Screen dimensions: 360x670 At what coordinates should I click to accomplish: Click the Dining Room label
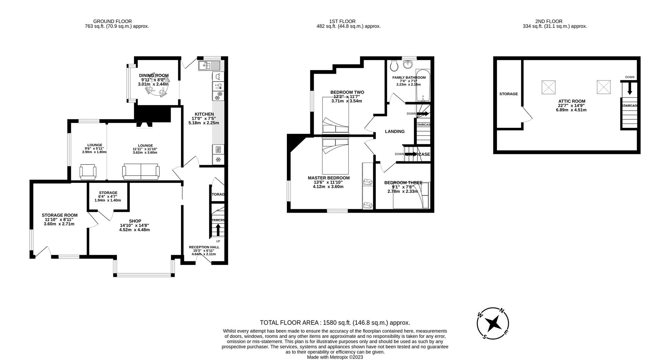(x=154, y=75)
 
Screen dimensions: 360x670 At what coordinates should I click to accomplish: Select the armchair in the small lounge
(x=88, y=172)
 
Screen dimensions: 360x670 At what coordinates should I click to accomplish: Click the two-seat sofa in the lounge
(x=141, y=172)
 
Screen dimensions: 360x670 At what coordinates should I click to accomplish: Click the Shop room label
(x=135, y=221)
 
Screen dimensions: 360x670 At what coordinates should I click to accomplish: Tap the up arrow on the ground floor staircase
(x=218, y=230)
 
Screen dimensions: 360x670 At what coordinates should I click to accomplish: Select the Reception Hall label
(x=204, y=247)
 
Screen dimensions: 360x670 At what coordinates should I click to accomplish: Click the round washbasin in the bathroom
(x=408, y=65)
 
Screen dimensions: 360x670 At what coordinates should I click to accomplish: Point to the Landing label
(x=395, y=132)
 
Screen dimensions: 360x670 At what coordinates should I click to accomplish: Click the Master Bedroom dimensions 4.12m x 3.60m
(x=328, y=186)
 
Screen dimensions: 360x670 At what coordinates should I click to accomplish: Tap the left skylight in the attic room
(x=548, y=87)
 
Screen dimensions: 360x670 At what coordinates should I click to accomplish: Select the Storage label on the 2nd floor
(x=508, y=94)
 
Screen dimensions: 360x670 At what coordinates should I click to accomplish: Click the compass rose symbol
(x=492, y=323)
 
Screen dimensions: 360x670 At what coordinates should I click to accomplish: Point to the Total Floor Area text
(x=335, y=323)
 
